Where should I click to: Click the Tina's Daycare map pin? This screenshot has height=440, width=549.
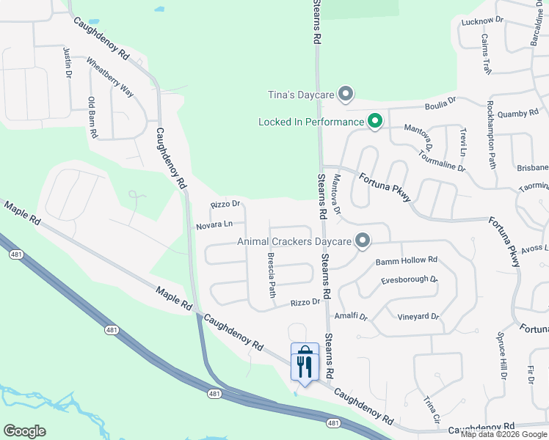coord(346,95)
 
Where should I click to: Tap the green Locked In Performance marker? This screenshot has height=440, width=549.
coord(374,121)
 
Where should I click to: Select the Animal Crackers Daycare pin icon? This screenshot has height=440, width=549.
coord(362,241)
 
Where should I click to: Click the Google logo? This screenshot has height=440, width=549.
coord(24,431)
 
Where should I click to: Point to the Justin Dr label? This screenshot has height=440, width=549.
coord(68,62)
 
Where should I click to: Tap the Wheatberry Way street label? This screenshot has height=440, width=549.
coord(110,77)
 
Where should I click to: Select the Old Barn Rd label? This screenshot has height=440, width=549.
coord(92,117)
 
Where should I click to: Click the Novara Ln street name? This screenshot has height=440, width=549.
coord(214,226)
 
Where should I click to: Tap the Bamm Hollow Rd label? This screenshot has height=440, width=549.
coord(406,260)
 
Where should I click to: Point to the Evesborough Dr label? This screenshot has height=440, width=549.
coord(409,280)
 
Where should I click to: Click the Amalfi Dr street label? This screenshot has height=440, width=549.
coord(350,315)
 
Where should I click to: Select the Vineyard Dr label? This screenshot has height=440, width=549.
coord(418,317)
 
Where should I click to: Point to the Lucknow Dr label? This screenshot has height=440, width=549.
coord(482,21)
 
